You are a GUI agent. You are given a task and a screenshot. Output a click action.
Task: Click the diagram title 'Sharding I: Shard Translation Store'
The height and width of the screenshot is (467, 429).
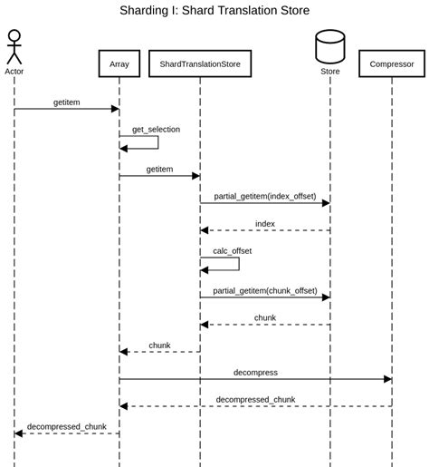pos(214,11)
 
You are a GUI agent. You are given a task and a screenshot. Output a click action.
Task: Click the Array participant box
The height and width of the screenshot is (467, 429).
pos(119,64)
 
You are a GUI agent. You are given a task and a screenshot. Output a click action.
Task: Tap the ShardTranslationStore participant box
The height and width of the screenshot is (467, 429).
pos(200,64)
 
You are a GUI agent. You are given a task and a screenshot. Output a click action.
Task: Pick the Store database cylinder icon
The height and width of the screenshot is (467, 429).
pos(329,45)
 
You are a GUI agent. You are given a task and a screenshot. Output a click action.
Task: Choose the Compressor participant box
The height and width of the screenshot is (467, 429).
pos(392,64)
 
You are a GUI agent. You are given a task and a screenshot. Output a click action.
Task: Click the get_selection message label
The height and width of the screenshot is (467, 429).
pos(156,130)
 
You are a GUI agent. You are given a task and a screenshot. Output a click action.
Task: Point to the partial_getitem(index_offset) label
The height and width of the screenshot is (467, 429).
pos(264,195)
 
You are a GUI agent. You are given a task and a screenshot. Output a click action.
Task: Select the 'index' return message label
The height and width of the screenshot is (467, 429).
pos(264,223)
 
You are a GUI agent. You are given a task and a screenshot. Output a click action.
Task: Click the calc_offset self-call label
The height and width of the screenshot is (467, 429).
pos(232,250)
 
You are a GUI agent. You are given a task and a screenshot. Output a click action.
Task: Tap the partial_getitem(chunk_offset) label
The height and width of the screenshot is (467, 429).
pos(264,290)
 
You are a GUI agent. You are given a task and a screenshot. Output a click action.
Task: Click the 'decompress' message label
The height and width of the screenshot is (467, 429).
pos(255,372)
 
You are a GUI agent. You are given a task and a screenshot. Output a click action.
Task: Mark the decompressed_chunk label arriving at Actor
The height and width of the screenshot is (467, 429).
pos(66,426)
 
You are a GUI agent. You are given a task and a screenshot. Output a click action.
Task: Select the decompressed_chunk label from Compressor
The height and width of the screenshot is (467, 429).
pos(255,399)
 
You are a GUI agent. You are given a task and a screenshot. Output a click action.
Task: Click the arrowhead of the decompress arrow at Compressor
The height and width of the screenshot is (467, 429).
pos(387,379)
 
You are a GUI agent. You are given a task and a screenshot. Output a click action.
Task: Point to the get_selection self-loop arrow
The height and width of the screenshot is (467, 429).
pos(157,142)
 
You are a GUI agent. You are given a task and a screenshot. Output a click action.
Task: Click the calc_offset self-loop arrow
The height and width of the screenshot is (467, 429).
pos(238,264)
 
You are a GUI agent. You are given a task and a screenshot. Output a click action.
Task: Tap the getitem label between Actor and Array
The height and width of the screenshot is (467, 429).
pos(66,102)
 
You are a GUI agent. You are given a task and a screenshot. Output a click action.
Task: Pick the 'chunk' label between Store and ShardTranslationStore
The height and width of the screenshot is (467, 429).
pos(264,317)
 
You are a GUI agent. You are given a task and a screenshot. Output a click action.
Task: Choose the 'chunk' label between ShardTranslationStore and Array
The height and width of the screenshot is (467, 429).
pos(159,345)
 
